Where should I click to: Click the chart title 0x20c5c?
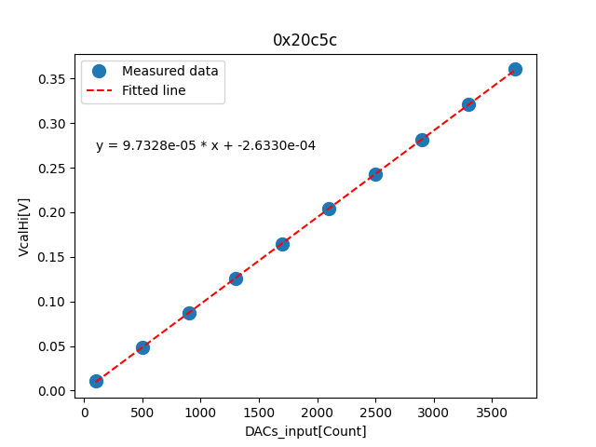click(305, 40)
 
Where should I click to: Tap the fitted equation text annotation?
click(206, 145)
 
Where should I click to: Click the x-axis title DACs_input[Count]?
click(305, 431)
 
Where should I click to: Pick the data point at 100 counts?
click(96, 381)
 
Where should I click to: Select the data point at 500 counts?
click(142, 347)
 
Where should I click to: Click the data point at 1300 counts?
click(236, 278)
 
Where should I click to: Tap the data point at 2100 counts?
click(329, 209)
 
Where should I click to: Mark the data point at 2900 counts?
click(422, 140)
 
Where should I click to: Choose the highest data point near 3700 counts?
click(515, 69)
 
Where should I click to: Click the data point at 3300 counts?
click(468, 104)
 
